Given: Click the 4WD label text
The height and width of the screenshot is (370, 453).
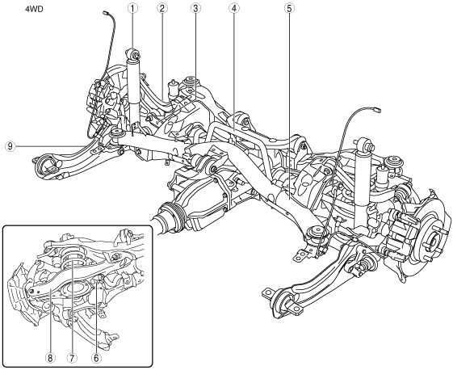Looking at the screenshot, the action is (34, 9).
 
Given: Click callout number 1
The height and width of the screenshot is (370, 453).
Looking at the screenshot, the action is (132, 8).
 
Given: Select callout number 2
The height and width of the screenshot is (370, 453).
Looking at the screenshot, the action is (162, 8).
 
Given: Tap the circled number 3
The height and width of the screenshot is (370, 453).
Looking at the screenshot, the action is (195, 8).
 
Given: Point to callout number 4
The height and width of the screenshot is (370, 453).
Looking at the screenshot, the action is (233, 8).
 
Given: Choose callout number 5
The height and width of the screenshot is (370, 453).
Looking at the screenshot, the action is (289, 8).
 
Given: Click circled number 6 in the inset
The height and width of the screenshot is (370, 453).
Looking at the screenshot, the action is (96, 358).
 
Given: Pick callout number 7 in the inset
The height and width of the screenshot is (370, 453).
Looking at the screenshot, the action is (72, 358).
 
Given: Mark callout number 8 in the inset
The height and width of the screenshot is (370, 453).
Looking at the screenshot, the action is (50, 358).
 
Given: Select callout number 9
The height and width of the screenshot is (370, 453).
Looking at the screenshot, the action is (10, 146).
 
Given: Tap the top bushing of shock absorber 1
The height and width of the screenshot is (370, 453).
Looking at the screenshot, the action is (133, 54).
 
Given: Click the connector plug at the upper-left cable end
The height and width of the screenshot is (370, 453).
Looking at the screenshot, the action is (105, 13).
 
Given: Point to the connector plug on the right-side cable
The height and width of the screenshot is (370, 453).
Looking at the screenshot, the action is (377, 110).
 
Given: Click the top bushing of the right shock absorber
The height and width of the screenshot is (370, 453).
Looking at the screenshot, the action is (363, 144).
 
